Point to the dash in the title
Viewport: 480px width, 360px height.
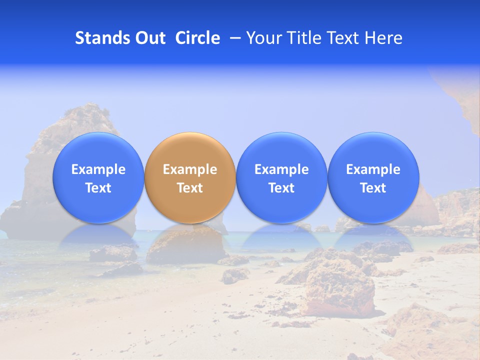(x=235, y=38)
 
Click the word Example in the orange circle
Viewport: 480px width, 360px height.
(x=190, y=169)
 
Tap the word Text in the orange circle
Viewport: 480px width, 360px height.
(x=190, y=188)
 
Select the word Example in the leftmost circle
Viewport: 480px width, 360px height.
(x=98, y=169)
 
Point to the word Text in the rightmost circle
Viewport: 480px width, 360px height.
(x=373, y=188)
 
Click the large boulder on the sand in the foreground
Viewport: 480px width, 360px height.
(x=340, y=290)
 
